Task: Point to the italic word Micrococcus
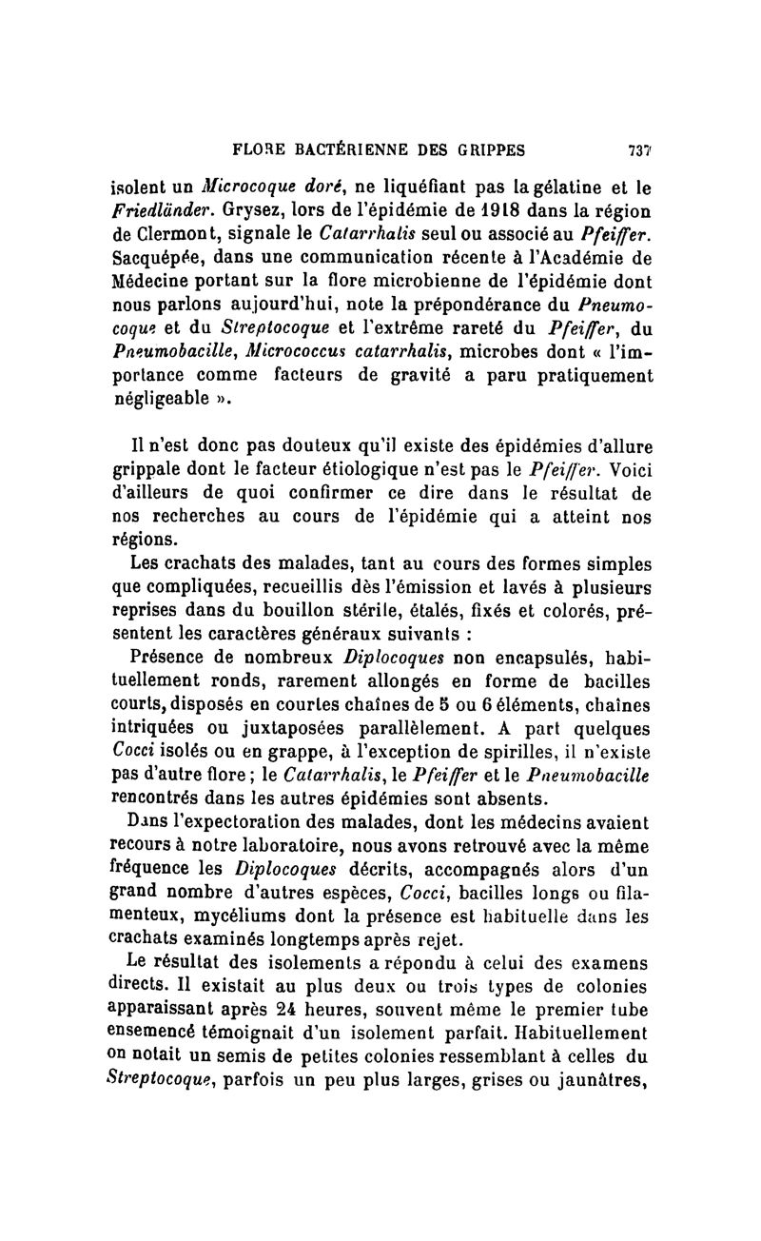[290, 353]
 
